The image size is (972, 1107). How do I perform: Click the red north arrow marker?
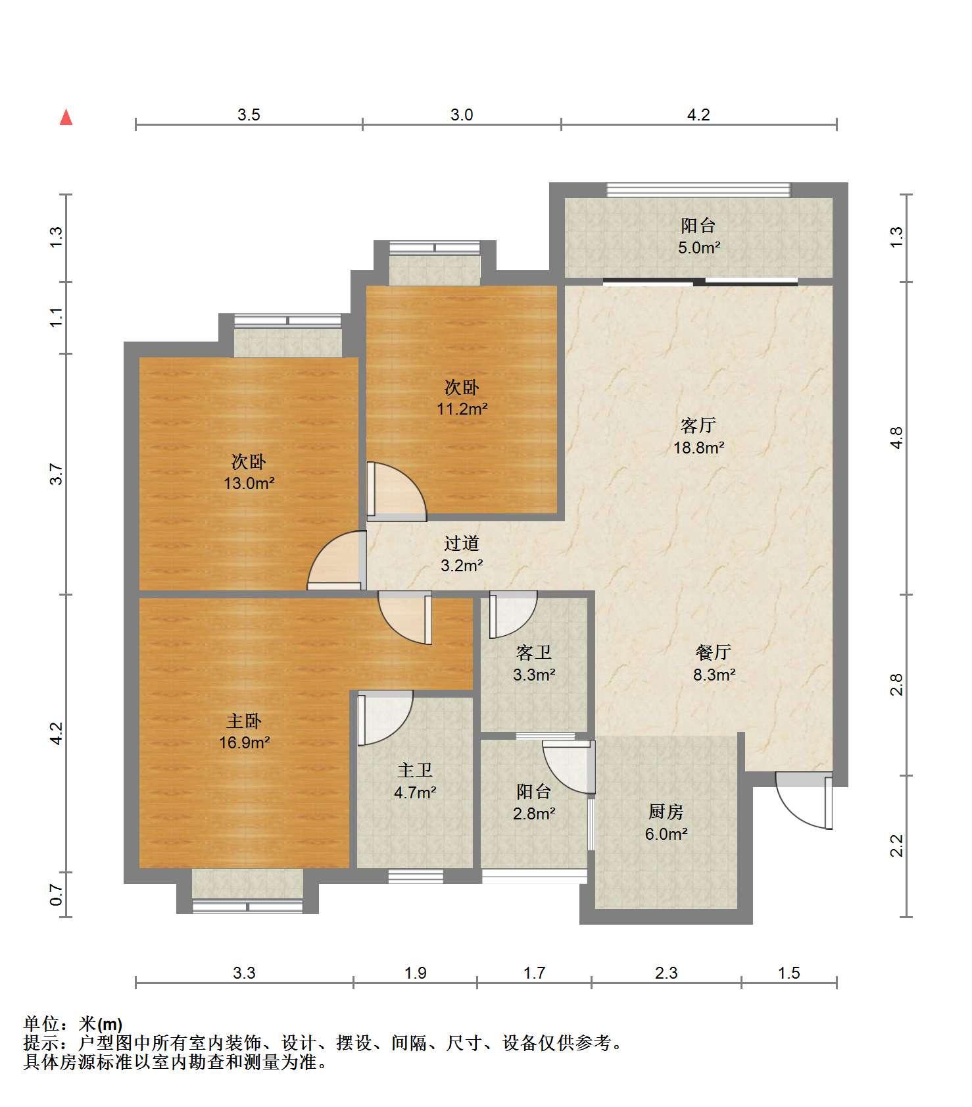click(66, 117)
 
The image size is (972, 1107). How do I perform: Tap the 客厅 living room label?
click(698, 426)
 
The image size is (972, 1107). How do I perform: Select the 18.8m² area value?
click(698, 448)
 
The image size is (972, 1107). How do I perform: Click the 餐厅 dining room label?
click(714, 652)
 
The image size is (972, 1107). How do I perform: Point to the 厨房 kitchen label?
click(666, 812)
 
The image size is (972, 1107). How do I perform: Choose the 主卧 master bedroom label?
click(245, 721)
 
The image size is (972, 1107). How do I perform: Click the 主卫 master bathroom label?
click(415, 770)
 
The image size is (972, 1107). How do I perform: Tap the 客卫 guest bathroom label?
click(534, 652)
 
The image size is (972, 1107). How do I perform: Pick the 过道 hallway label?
click(462, 543)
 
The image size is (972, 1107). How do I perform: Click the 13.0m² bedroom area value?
click(249, 484)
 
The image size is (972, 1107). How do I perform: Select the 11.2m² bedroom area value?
click(462, 409)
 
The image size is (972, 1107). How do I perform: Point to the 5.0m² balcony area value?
click(699, 248)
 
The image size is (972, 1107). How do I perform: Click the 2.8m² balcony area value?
click(534, 813)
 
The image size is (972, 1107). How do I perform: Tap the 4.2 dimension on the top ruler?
click(698, 115)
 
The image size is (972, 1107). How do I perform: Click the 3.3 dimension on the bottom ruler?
click(244, 973)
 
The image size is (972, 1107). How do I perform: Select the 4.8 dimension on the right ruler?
click(897, 438)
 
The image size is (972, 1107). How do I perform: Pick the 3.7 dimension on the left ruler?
click(57, 474)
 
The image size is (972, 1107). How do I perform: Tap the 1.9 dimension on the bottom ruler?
click(416, 973)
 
